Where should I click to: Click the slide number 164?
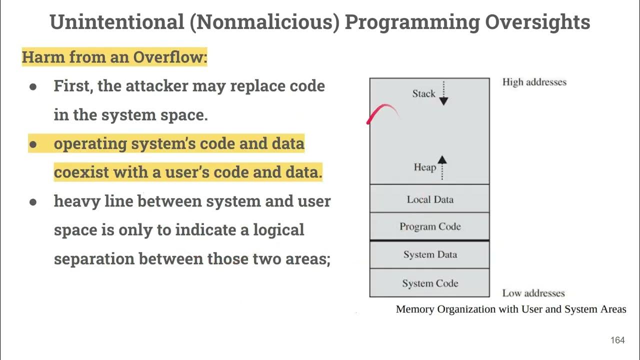(617, 340)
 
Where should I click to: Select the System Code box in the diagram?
(429, 283)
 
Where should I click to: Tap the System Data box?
(429, 254)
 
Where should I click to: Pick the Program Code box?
(429, 226)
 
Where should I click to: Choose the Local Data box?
(429, 199)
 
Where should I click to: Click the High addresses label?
(534, 82)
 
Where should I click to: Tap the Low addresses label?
(533, 293)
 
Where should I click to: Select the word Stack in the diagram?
(423, 93)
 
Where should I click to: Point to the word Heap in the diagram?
(424, 167)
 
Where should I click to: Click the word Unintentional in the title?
(116, 22)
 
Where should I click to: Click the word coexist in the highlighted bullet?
(80, 172)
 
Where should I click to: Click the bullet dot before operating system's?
(33, 144)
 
